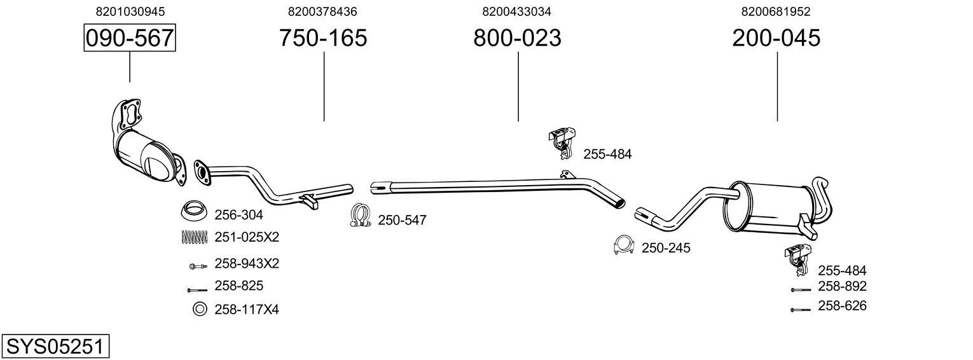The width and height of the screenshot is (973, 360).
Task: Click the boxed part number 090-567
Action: [x=130, y=38]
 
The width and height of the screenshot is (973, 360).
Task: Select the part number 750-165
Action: [x=323, y=38]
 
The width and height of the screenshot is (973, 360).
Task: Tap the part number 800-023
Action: [x=517, y=38]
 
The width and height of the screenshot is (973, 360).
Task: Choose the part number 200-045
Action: [x=776, y=38]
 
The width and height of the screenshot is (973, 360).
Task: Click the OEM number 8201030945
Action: [x=130, y=11]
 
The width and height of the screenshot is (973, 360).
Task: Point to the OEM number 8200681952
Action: [x=776, y=11]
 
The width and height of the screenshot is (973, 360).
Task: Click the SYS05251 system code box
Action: [x=55, y=347]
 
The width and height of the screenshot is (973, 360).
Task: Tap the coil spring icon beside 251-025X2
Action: [x=195, y=237]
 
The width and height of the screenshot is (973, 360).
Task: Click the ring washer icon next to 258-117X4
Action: [x=199, y=309]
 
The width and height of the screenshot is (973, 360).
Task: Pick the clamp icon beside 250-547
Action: [x=361, y=216]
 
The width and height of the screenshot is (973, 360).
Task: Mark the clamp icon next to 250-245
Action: [x=624, y=246]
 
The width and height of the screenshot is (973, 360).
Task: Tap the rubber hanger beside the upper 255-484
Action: [x=562, y=144]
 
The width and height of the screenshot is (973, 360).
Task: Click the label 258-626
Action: [x=842, y=306]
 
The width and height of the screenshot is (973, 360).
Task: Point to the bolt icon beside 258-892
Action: [x=800, y=289]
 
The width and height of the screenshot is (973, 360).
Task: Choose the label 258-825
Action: [x=238, y=286]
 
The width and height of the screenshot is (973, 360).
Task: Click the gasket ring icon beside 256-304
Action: [x=195, y=210]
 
